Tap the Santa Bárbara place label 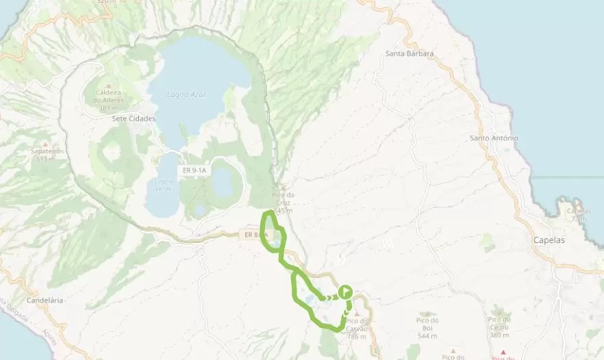point(410,53)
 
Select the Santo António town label point(494,138)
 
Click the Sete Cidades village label point(134,118)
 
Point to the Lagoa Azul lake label point(186,94)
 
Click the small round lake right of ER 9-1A point(223,181)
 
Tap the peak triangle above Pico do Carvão point(356,313)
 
